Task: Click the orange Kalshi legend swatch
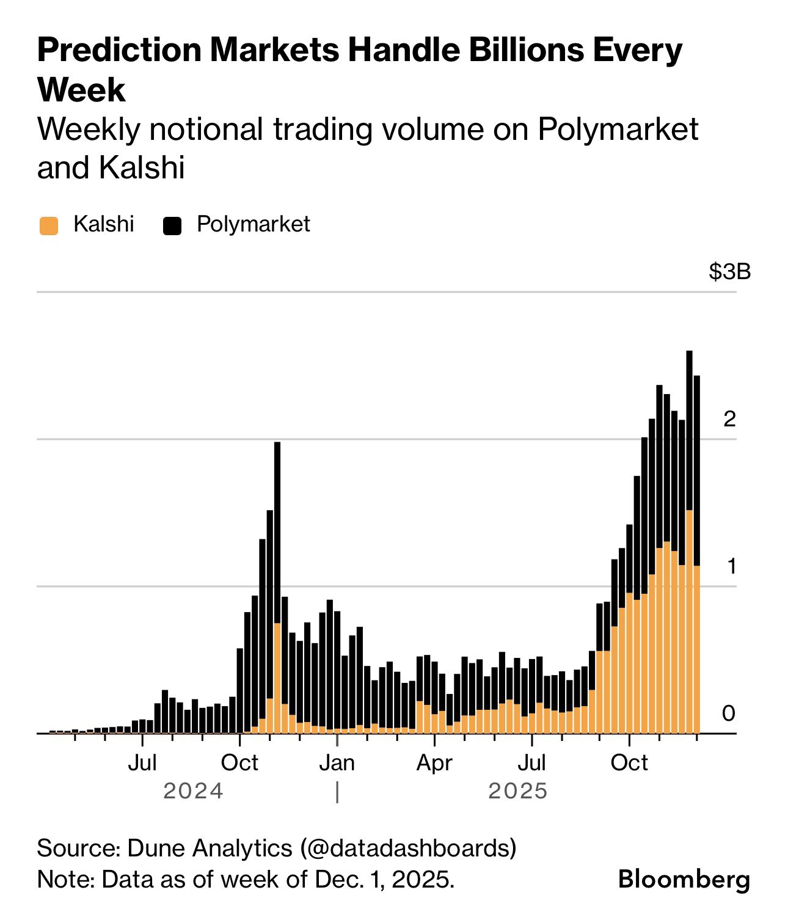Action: click(49, 225)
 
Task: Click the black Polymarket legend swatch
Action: click(172, 225)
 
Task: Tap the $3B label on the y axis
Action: click(729, 271)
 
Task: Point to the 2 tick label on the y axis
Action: click(729, 419)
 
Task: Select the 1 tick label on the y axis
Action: click(731, 566)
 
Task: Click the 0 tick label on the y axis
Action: click(729, 713)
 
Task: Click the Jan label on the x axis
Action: click(337, 763)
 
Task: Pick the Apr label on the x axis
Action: click(434, 763)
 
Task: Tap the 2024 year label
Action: click(194, 792)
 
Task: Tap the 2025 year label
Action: click(518, 792)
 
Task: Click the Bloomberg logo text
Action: click(684, 880)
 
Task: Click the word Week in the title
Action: click(81, 90)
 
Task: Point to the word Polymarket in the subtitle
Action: click(618, 130)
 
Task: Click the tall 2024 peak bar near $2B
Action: click(277, 550)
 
